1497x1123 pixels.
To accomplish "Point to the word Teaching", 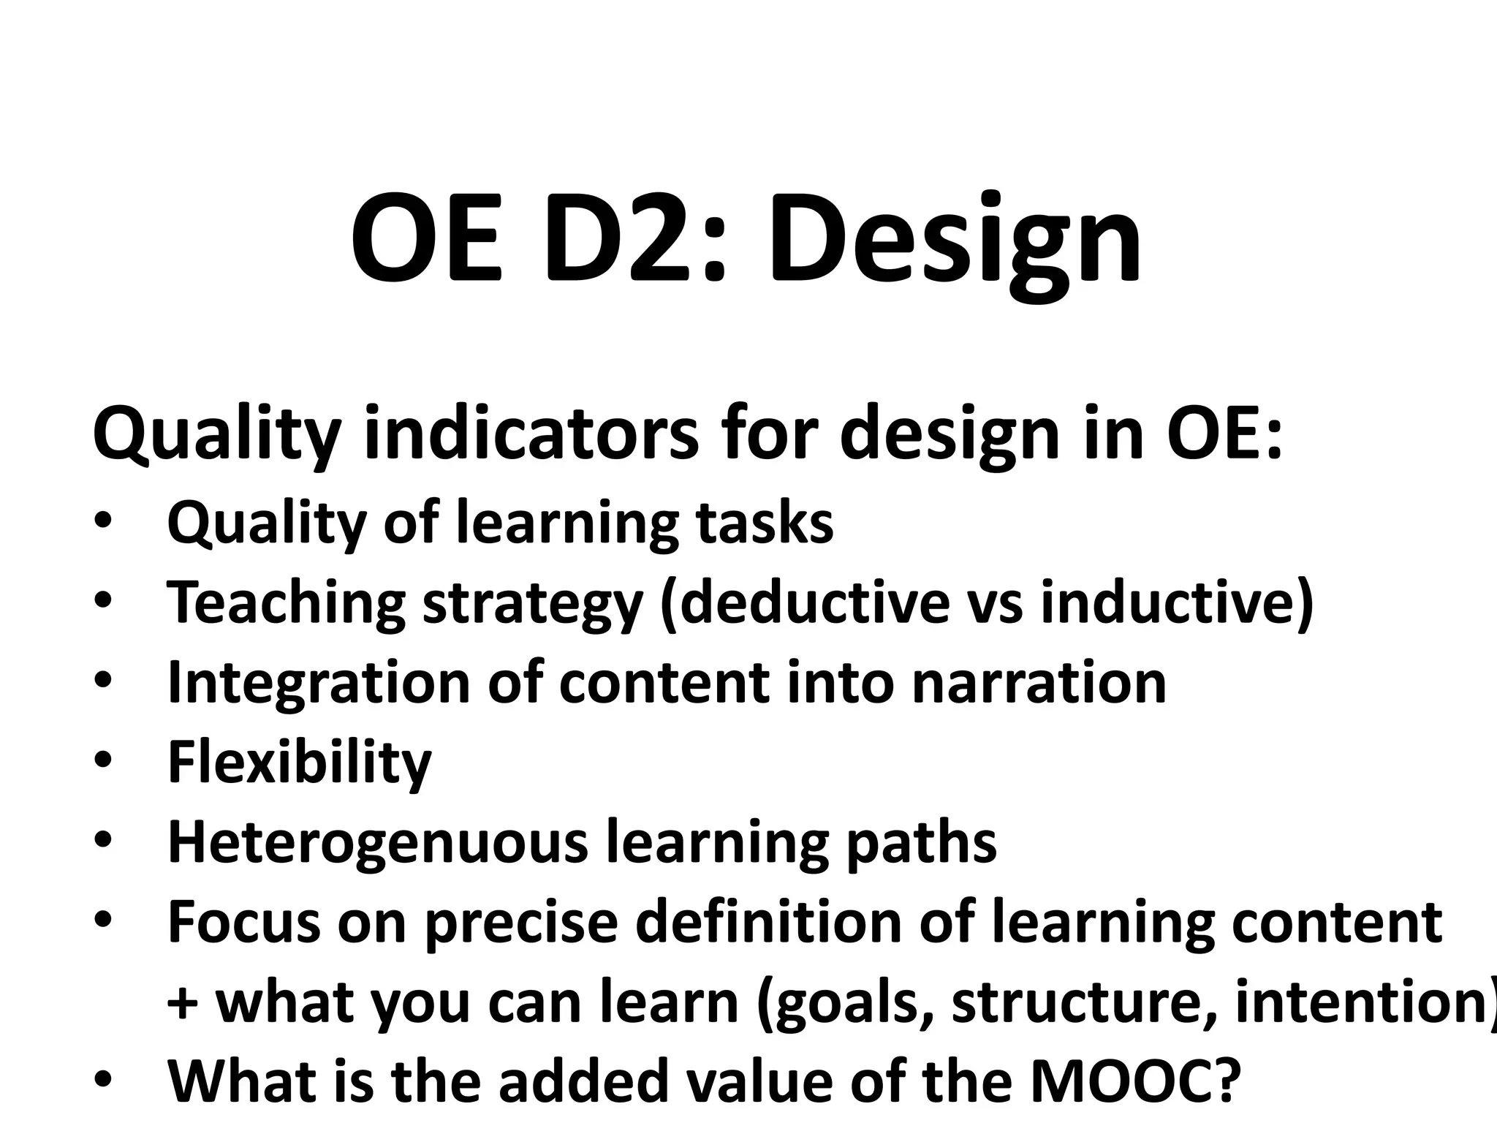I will tap(286, 602).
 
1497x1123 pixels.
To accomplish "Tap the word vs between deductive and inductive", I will tap(994, 602).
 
